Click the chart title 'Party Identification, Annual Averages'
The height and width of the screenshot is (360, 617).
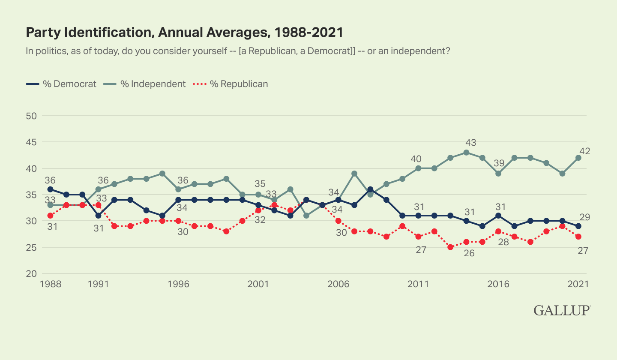(x=185, y=33)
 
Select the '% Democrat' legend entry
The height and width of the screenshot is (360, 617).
(x=61, y=84)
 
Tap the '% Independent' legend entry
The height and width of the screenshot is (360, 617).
(x=145, y=84)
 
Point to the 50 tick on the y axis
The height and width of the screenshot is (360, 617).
(x=32, y=116)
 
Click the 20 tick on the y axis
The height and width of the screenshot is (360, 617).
(x=32, y=274)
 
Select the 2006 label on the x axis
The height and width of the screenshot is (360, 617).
(x=338, y=285)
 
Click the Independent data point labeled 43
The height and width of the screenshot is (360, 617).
(x=466, y=153)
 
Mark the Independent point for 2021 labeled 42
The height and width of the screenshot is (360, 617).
(x=578, y=158)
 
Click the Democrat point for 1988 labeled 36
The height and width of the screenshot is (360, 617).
(x=51, y=189)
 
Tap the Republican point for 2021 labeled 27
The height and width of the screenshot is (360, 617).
(x=578, y=237)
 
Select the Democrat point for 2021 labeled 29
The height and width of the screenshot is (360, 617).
(x=578, y=226)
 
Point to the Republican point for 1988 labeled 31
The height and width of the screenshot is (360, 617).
(x=51, y=216)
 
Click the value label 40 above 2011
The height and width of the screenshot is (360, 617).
(x=416, y=159)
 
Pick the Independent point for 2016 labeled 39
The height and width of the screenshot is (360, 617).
(x=498, y=174)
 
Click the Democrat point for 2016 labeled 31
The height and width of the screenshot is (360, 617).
(x=498, y=216)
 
